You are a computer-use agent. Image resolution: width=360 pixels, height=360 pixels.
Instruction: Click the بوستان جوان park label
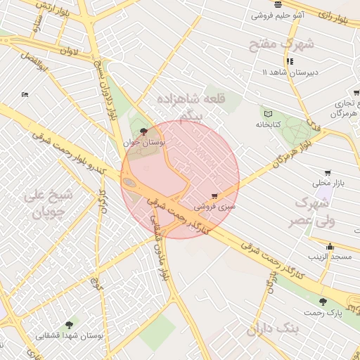click(x=144, y=142)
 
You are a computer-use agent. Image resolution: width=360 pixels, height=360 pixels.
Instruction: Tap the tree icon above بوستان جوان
click(x=144, y=131)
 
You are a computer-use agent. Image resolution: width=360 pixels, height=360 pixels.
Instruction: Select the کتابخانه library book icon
click(x=267, y=114)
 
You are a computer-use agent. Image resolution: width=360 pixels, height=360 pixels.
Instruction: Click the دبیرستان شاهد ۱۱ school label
click(x=290, y=72)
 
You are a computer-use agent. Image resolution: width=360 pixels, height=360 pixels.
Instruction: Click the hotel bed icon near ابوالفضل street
click(x=25, y=94)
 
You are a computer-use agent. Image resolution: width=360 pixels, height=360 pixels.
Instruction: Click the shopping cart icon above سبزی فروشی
click(x=214, y=196)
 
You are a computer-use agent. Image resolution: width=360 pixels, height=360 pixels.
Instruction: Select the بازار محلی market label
click(x=326, y=184)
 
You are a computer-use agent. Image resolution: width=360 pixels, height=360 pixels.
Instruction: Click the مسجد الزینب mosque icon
click(x=330, y=246)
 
